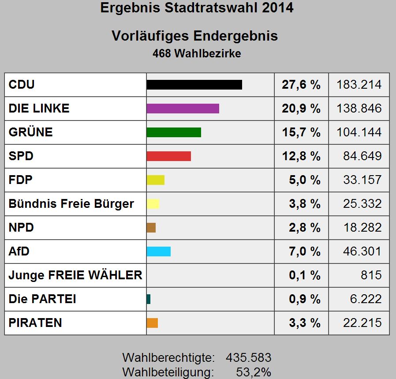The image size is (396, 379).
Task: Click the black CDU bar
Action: coord(194,85)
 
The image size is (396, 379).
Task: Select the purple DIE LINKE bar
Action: coord(183,109)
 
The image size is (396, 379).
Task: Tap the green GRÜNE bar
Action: coord(174,132)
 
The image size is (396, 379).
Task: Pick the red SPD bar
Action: coord(168,156)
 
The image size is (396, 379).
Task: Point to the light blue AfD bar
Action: coord(158,251)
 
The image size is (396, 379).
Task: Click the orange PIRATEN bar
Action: coord(152,323)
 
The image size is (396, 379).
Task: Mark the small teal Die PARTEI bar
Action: coord(149,299)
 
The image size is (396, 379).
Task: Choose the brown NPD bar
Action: coord(151,228)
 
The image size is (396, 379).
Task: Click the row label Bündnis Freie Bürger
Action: coord(71,204)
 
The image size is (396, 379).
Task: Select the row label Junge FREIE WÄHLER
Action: coord(75,275)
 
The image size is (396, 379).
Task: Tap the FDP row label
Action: coord(20,180)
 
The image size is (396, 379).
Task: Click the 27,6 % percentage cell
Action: coord(301,85)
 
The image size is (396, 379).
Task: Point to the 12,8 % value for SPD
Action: coord(301,156)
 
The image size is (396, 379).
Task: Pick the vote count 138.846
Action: coord(359,109)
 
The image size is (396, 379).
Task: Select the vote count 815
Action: coord(371,275)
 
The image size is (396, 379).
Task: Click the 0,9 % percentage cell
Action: coord(304,299)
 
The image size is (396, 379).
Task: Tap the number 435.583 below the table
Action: coord(248,357)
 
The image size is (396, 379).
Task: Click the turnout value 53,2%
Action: coord(254,372)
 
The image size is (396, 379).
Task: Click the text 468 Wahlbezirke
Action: coord(197,53)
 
